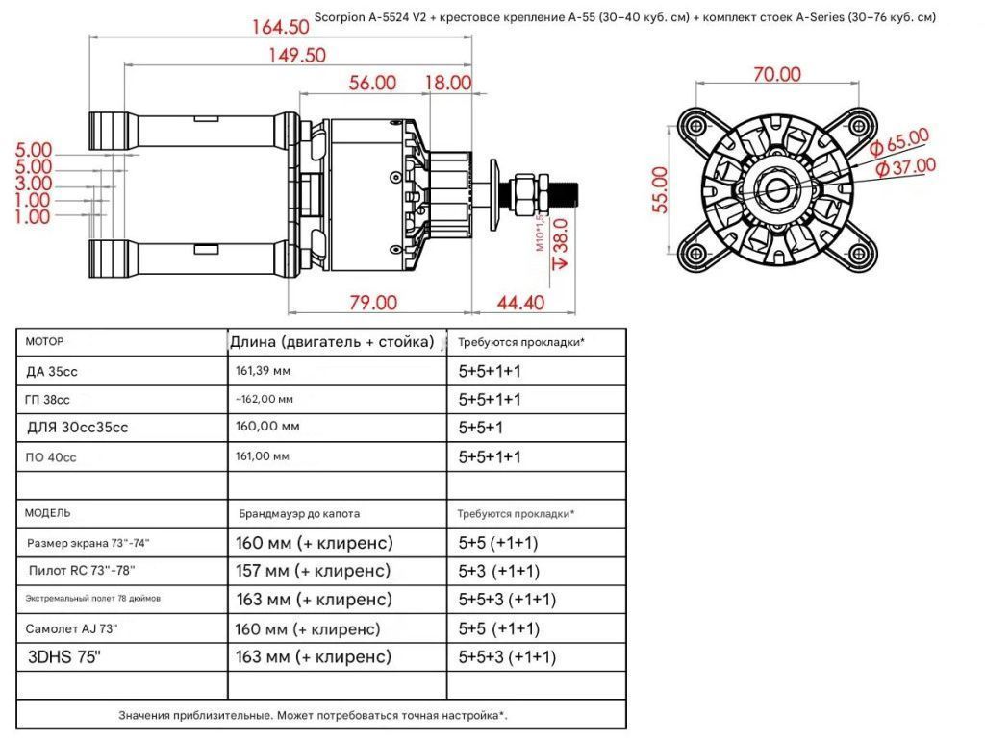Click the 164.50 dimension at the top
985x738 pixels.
281,27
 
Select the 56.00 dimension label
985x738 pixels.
373,83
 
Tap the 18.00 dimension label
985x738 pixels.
448,83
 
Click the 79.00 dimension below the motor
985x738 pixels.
373,303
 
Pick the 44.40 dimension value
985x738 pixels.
520,303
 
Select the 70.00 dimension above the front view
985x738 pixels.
777,74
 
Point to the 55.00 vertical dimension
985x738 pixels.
660,190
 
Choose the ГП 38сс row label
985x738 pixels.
47,399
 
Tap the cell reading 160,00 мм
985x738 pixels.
265,428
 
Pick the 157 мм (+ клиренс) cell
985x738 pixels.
314,571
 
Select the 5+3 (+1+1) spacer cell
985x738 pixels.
498,571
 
